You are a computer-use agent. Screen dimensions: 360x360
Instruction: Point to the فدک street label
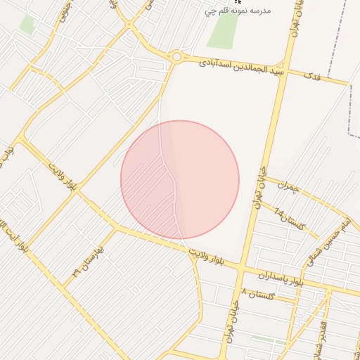[310, 75]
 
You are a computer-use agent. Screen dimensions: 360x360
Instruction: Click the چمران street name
[288, 188]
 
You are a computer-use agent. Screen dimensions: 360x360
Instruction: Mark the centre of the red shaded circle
[180, 180]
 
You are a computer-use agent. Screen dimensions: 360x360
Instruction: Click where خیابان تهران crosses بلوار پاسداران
[241, 270]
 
